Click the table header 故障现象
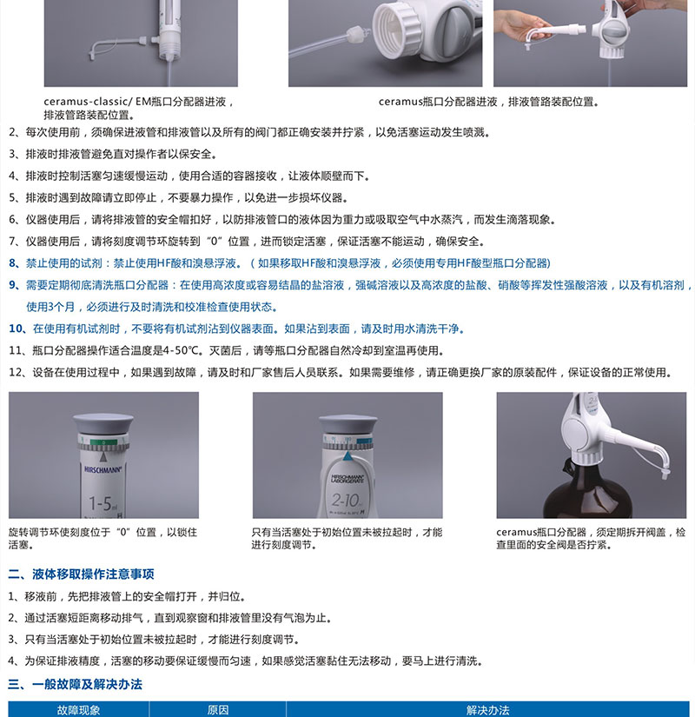tap(78, 710)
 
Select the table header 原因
tap(218, 710)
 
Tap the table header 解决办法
tap(487, 710)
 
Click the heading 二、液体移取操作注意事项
tap(81, 574)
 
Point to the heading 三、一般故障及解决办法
tap(75, 684)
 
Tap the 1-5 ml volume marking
tap(103, 504)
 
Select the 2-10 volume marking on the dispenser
tap(345, 501)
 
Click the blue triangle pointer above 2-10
tap(347, 455)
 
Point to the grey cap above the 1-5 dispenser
tap(103, 424)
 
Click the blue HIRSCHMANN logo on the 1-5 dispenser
tap(103, 469)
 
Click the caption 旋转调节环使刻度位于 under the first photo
tap(59, 532)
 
